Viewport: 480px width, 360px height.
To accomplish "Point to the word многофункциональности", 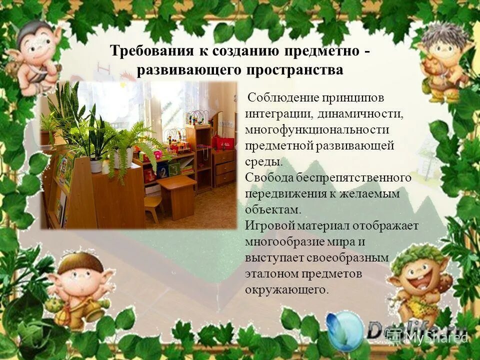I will pos(310,129).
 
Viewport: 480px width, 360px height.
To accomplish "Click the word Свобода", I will pos(265,177).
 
